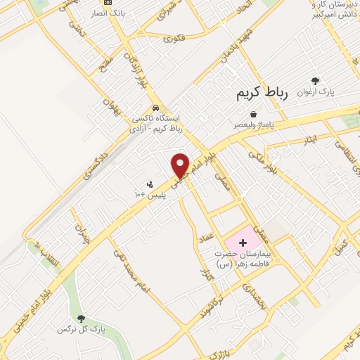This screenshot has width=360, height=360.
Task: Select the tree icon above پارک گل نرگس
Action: pos(82,319)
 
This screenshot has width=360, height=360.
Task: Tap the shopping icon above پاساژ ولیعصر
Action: pos(252,114)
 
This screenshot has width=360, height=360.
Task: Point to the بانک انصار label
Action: pos(112,13)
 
